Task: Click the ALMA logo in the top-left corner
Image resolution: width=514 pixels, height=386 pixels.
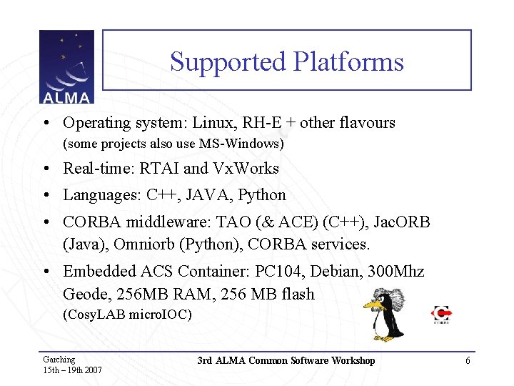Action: tap(66, 67)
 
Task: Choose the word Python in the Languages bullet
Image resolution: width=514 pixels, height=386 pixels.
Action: tap(262, 195)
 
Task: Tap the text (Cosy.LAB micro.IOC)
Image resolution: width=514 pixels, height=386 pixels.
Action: tap(128, 315)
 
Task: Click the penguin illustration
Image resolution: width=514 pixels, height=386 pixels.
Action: tap(385, 315)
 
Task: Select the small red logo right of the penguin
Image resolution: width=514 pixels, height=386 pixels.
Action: tap(443, 315)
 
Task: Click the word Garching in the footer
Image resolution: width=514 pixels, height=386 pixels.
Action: tap(59, 360)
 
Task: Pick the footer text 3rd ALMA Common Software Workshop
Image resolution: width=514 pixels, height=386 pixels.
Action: tap(286, 361)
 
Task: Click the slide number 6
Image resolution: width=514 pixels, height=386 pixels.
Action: tap(468, 361)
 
